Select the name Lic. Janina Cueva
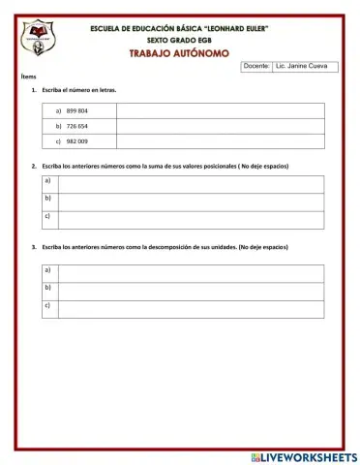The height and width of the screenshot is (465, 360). click(302, 67)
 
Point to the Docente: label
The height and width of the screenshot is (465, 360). click(256, 67)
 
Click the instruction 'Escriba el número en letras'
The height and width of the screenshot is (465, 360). click(78, 90)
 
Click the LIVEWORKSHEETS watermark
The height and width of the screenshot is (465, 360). click(303, 456)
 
